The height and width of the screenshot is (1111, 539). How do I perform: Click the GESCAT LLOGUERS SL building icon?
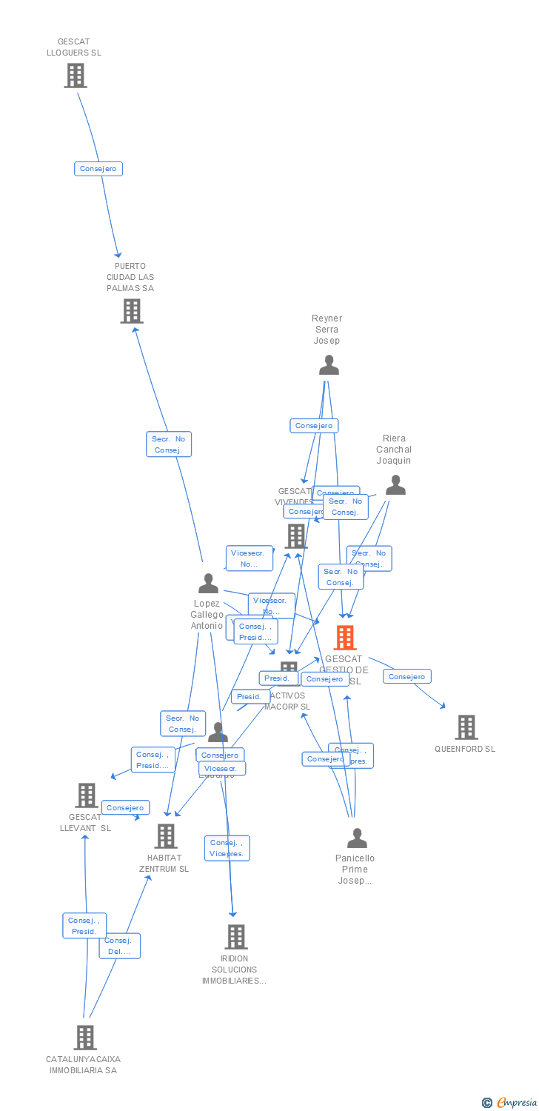pos(75,76)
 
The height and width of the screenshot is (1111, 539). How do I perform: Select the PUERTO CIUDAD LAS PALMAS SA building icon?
pos(131,311)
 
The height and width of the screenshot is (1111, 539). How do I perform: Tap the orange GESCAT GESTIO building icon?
pos(344,638)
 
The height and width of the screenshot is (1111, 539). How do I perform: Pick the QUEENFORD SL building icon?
pos(466,727)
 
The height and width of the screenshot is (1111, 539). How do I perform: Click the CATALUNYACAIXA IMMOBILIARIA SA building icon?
pos(85,1038)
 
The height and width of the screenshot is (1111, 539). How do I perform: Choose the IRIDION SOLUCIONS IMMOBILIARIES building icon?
pos(235,937)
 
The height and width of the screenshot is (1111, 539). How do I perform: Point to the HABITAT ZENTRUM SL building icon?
pos(165,836)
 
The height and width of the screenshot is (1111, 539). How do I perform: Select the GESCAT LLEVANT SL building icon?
pos(87,795)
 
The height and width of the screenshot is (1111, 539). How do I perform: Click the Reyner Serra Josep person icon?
pos(328,365)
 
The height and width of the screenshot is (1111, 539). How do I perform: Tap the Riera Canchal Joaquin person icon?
pos(395,485)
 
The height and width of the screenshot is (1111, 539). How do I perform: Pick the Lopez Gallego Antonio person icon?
pos(208,584)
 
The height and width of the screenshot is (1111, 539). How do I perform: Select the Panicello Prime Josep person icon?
pos(357,838)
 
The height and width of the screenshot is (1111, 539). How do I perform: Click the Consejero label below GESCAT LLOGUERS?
pos(98,169)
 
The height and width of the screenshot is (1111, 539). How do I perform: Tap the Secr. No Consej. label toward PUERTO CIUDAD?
pos(169,444)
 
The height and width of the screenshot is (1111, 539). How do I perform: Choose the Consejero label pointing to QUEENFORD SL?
pos(406,676)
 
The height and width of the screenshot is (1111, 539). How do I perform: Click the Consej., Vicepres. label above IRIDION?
pos(227,848)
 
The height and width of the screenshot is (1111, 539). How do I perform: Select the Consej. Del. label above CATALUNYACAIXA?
pos(119,946)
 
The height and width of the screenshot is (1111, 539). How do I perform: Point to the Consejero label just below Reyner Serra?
pos(314,426)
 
